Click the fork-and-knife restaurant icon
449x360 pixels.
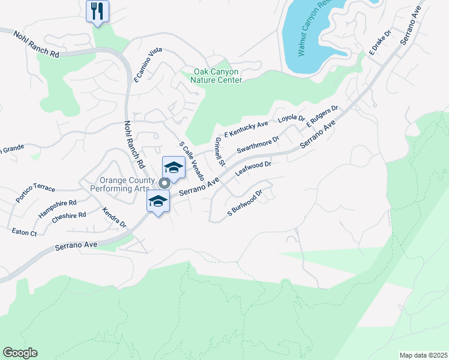click(97, 11)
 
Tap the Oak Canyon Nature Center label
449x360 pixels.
click(217, 76)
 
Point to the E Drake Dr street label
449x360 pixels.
click(380, 44)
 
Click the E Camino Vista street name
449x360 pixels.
click(148, 65)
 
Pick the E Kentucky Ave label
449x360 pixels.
click(246, 129)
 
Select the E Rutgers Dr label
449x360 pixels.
click(322, 116)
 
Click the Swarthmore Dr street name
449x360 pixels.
click(258, 144)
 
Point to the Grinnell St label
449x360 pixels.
click(219, 151)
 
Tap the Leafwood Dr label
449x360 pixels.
click(254, 168)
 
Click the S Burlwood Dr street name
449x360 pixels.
click(246, 204)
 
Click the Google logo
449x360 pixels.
click(20, 352)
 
